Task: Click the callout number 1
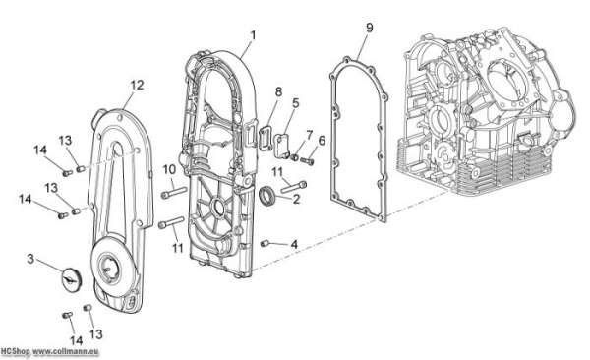[x=253, y=35]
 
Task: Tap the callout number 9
[x=369, y=28]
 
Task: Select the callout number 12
[x=137, y=86]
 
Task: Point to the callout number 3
[x=30, y=259]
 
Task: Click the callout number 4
[x=294, y=244]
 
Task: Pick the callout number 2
[x=296, y=199]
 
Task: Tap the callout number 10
[x=169, y=170]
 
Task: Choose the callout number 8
[x=278, y=91]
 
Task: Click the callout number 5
[x=295, y=103]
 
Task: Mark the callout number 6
[x=322, y=141]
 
